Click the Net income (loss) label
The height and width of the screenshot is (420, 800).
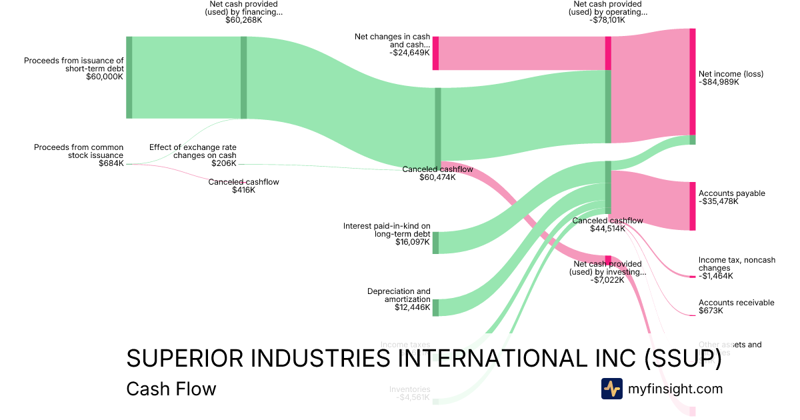click(x=731, y=74)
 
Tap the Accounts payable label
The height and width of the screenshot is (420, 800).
click(x=731, y=193)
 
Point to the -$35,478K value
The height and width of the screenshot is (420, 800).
click(x=718, y=201)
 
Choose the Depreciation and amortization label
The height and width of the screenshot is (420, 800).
click(x=399, y=295)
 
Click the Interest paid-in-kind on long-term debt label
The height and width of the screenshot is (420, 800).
click(x=387, y=230)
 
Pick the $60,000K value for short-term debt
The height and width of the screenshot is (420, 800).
click(x=105, y=77)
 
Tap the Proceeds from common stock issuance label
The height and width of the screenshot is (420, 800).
click(x=79, y=151)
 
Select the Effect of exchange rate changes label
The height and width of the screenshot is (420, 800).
click(x=193, y=151)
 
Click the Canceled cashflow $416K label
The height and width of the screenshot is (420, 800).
click(x=243, y=186)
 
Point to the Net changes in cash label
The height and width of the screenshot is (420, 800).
click(x=393, y=41)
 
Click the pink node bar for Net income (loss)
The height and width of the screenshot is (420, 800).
click(x=692, y=81)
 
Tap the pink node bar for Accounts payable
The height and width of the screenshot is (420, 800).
click(x=692, y=205)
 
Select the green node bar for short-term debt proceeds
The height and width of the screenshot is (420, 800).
click(x=129, y=77)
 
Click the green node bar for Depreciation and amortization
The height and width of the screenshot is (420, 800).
click(x=435, y=307)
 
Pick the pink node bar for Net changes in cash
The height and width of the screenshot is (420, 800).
click(x=435, y=53)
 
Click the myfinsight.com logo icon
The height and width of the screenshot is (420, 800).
click(x=611, y=389)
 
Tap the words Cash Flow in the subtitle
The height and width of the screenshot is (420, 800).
click(x=171, y=389)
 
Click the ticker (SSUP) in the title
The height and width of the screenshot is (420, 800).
click(x=683, y=359)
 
